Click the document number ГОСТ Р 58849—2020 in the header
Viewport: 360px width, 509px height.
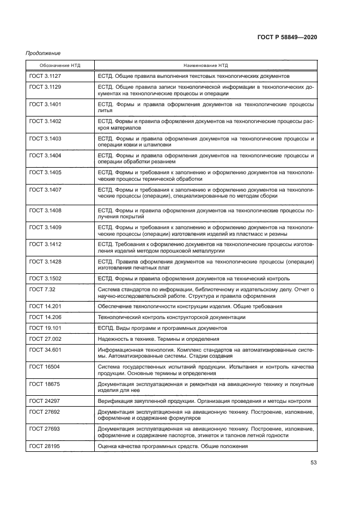click(x=287, y=37)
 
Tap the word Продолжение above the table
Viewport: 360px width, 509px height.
click(x=43, y=53)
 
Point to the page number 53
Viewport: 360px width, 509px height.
click(x=313, y=463)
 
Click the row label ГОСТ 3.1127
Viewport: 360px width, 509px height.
click(x=45, y=76)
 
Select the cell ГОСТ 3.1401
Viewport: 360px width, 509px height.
click(x=45, y=103)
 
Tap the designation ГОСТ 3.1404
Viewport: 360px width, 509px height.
click(x=45, y=156)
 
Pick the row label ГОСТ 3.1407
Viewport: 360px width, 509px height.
click(x=45, y=190)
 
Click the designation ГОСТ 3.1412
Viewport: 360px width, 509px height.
click(x=45, y=244)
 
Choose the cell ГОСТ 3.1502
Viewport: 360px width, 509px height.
click(x=45, y=279)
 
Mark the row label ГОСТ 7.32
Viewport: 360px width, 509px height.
click(x=42, y=290)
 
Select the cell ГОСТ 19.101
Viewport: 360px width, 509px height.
click(x=44, y=328)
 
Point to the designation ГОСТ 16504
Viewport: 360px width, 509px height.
click(x=43, y=367)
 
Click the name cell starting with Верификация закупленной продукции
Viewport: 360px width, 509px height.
click(x=204, y=401)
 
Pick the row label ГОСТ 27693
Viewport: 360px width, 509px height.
click(x=43, y=429)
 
